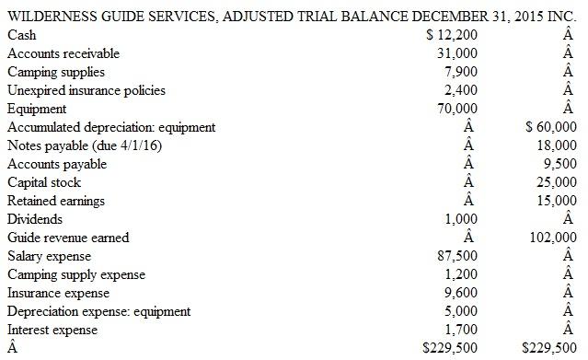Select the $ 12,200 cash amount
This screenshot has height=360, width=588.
pyautogui.click(x=454, y=35)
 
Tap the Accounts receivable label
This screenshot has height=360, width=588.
pyautogui.click(x=63, y=53)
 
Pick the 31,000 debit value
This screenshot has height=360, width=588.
pyautogui.click(x=458, y=53)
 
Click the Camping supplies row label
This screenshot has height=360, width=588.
pyautogui.click(x=55, y=72)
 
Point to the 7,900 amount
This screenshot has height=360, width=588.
pyautogui.click(x=461, y=72)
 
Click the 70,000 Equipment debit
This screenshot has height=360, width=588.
pyautogui.click(x=458, y=109)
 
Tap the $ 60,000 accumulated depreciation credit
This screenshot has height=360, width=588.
pyautogui.click(x=549, y=127)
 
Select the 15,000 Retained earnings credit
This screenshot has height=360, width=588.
pyautogui.click(x=557, y=201)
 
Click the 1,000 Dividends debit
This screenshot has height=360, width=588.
pyautogui.click(x=461, y=219)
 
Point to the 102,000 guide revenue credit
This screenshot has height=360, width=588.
pyautogui.click(x=554, y=238)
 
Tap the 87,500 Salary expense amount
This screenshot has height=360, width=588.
pyautogui.click(x=458, y=256)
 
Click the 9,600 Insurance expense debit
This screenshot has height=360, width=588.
pyautogui.click(x=461, y=293)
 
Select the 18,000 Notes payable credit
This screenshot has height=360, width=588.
pyautogui.click(x=557, y=145)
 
